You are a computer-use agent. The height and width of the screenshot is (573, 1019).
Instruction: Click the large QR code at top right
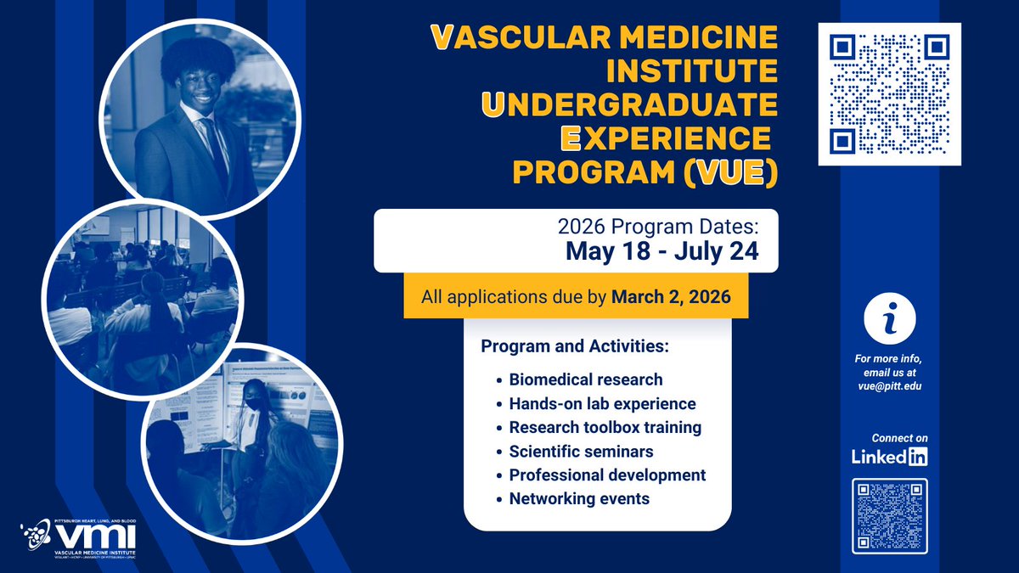click(x=888, y=94)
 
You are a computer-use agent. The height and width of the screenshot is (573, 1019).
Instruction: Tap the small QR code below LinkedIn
click(x=889, y=516)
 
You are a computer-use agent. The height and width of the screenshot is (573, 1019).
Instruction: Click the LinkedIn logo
click(x=889, y=457)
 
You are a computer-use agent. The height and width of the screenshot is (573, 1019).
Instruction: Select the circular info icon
click(x=889, y=319)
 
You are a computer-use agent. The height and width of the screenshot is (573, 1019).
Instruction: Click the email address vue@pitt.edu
click(x=889, y=385)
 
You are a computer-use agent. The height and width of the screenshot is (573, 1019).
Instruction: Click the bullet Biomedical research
click(x=585, y=379)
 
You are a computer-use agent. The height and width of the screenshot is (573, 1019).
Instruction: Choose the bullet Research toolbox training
click(x=605, y=427)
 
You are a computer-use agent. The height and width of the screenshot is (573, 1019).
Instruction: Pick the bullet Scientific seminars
click(x=581, y=451)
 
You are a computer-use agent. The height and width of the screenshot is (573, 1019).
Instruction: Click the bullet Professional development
click(x=607, y=475)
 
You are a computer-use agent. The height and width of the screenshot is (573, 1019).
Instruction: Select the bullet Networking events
click(x=579, y=498)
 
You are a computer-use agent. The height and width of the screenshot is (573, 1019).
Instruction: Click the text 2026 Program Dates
click(x=662, y=227)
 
